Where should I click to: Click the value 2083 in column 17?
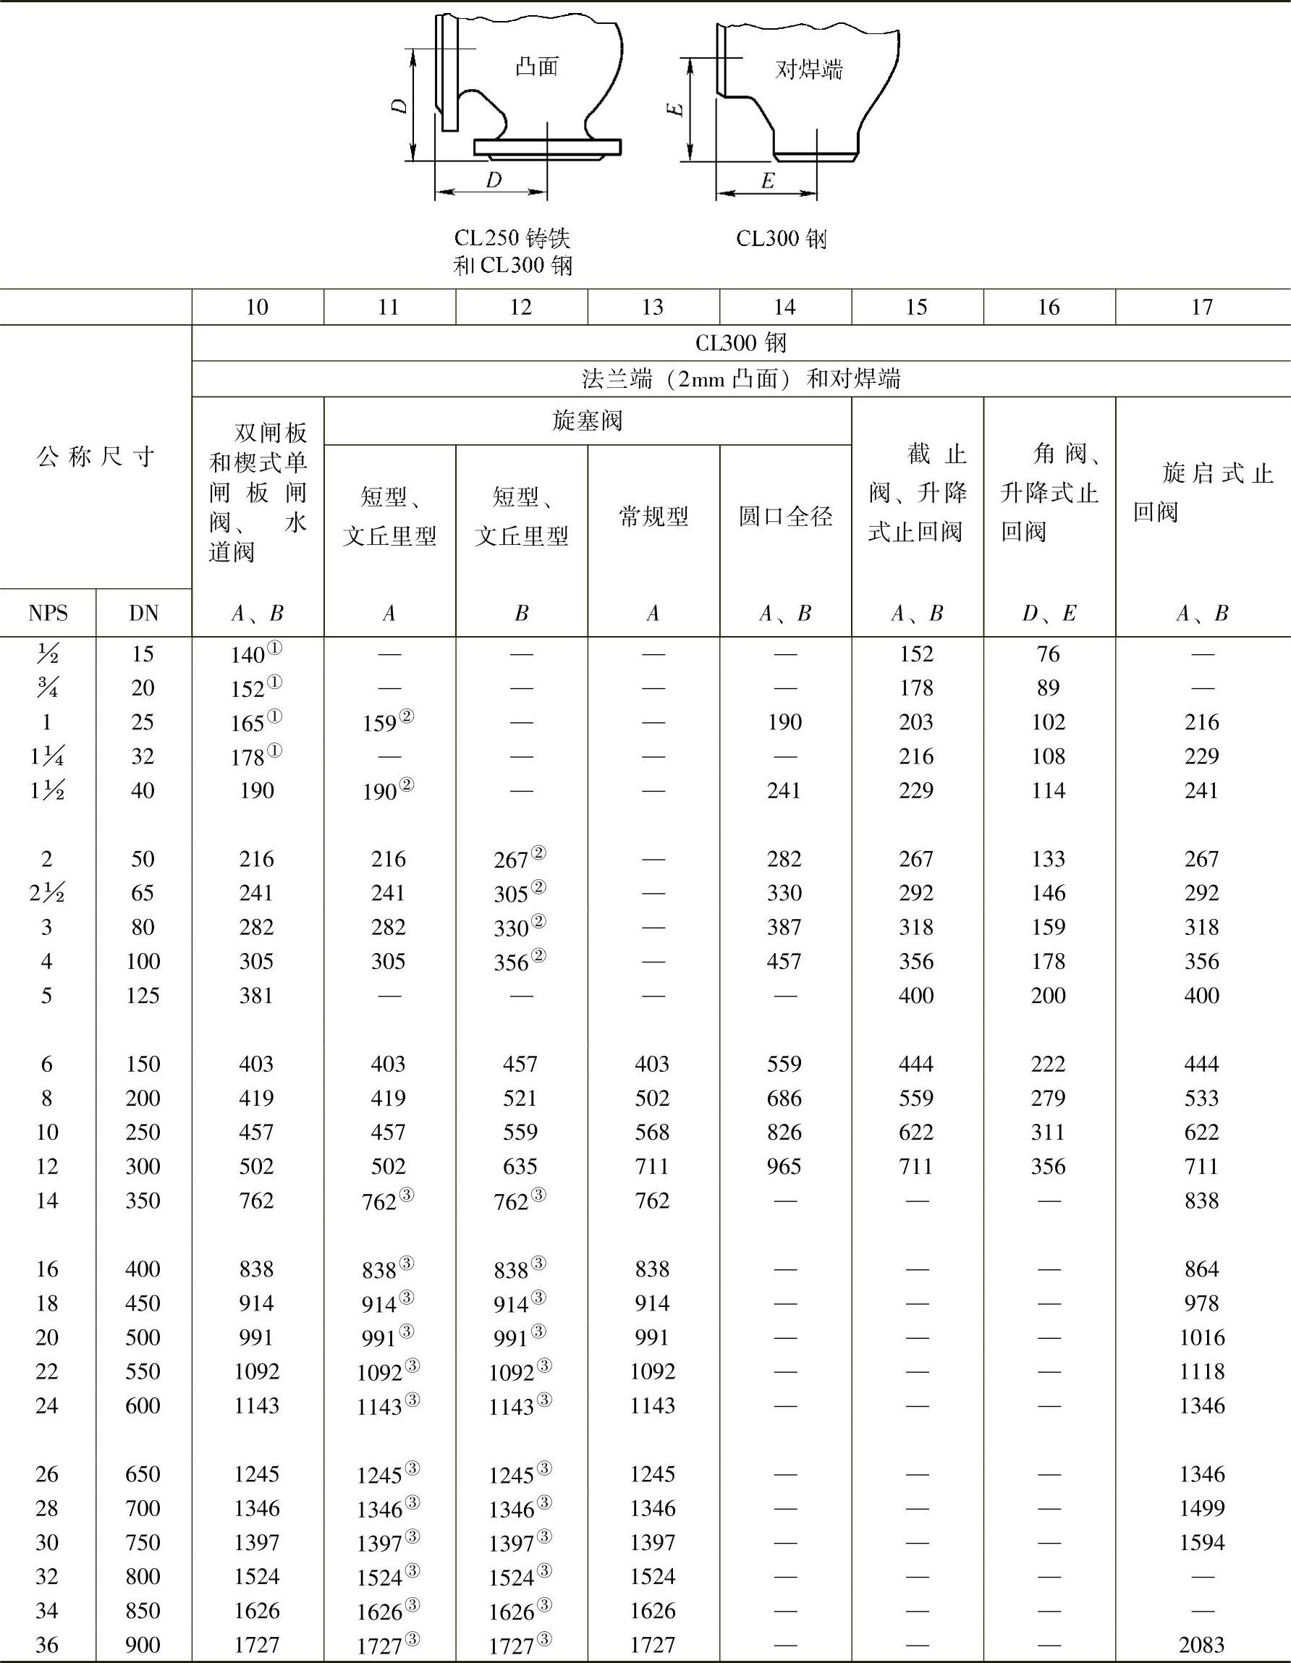coord(1201,1644)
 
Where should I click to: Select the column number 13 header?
coord(653,307)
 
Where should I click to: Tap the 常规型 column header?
coord(653,516)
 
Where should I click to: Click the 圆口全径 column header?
coord(784,516)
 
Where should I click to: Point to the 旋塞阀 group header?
coord(587,420)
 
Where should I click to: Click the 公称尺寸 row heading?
coord(96,457)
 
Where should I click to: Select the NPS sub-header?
coord(47,613)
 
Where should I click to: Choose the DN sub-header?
coord(143,613)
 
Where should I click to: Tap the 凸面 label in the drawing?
coord(537,67)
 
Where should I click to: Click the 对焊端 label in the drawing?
coord(809,70)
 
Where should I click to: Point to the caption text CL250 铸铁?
coord(512,238)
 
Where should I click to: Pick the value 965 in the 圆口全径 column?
coord(784,1166)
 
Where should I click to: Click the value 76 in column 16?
coord(1048,654)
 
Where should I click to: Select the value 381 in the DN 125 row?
coord(256,995)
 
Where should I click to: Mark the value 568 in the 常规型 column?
coord(653,1132)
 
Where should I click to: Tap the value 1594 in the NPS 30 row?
coord(1201,1542)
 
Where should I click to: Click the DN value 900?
coord(143,1644)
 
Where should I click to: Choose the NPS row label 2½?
coord(47,892)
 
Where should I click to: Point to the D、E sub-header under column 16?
coord(1048,613)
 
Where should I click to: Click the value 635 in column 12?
coord(520,1166)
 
